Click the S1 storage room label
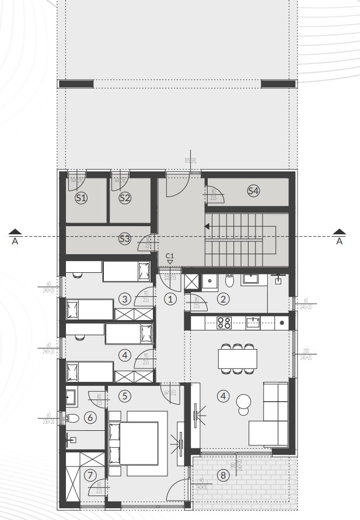[81, 198]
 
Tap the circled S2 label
[125, 198]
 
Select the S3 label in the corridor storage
[124, 238]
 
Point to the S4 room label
[253, 191]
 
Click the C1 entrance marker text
[170, 255]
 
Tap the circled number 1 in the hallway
[170, 299]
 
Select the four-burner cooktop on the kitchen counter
[225, 322]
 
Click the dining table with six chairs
[237, 357]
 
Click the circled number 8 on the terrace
[222, 475]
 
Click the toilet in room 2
[229, 282]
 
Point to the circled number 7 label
[89, 476]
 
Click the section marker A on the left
[16, 237]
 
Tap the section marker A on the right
[340, 237]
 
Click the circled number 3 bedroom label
[124, 299]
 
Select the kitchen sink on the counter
[253, 322]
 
